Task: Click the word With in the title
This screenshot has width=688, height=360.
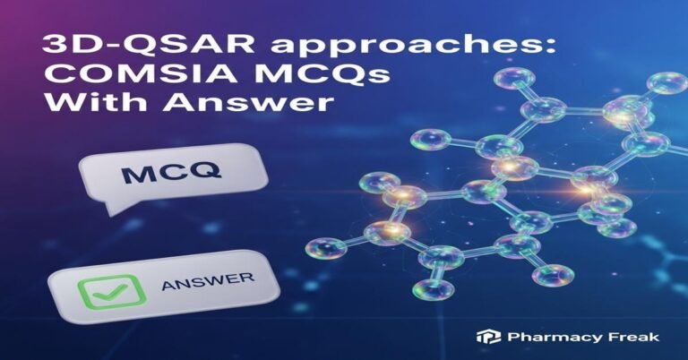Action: click(x=75, y=105)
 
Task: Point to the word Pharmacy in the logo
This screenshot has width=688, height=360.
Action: click(x=546, y=338)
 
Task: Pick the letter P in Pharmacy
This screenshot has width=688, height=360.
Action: click(x=510, y=338)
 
